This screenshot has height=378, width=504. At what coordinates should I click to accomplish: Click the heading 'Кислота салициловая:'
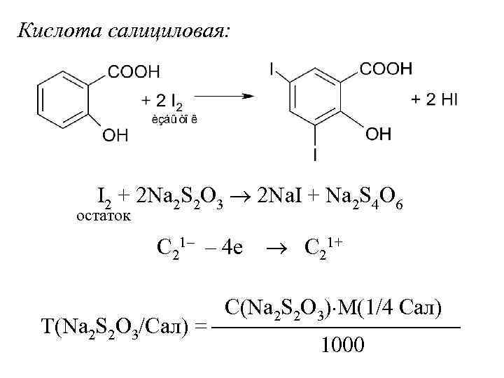tap(122, 31)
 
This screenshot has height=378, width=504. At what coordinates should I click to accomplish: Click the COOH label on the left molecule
tap(134, 71)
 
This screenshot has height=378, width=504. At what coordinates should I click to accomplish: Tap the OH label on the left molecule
tap(115, 135)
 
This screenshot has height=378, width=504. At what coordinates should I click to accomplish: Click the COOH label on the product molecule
tap(386, 69)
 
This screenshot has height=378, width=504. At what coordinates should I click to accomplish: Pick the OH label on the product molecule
tap(379, 134)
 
